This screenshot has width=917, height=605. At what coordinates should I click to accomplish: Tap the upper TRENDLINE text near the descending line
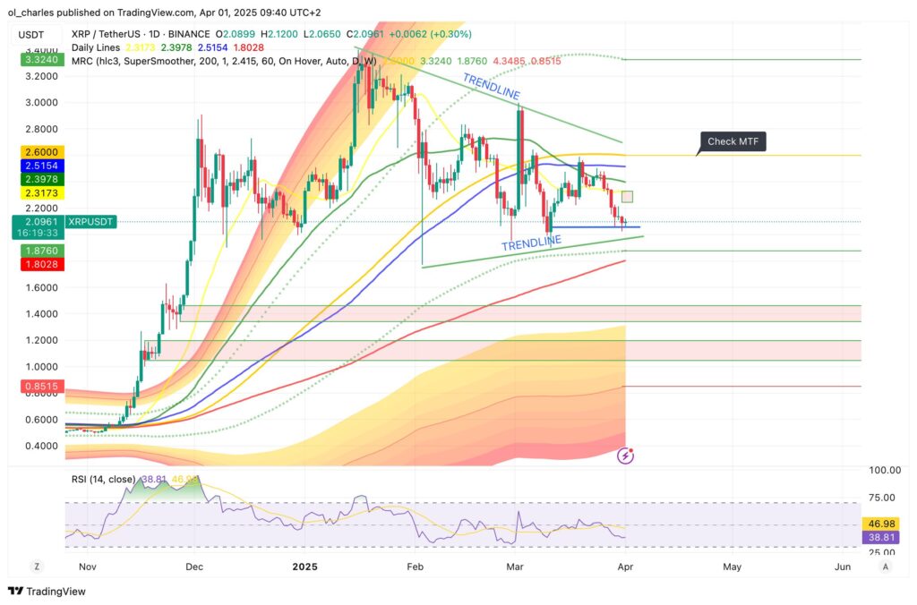(491, 86)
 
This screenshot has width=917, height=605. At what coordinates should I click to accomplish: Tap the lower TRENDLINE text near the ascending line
(531, 242)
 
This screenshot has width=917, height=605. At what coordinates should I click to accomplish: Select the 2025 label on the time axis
(304, 567)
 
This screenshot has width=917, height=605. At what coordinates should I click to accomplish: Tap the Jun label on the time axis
(841, 567)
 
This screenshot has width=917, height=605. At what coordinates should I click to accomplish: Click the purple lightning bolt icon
(626, 456)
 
